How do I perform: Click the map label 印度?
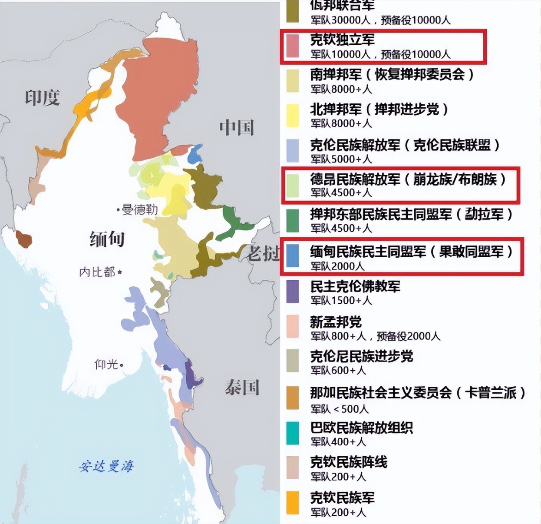[42, 98]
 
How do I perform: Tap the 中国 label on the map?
[236, 127]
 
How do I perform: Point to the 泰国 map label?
[242, 387]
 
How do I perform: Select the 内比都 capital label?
[98, 272]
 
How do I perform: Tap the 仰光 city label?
[107, 364]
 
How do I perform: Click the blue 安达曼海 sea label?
[106, 466]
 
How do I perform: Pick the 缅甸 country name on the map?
[107, 239]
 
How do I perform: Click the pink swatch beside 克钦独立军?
[293, 46]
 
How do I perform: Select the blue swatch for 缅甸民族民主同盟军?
[293, 255]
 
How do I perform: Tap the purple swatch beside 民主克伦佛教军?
[293, 292]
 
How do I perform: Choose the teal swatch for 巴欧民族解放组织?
[293, 433]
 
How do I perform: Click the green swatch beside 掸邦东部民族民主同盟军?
[293, 220]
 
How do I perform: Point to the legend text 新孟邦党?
[336, 322]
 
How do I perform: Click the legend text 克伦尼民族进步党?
[361, 357]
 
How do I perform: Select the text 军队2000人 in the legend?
[337, 266]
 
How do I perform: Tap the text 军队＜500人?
[339, 409]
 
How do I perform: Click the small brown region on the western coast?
[24, 239]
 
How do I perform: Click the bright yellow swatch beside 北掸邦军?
[293, 116]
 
